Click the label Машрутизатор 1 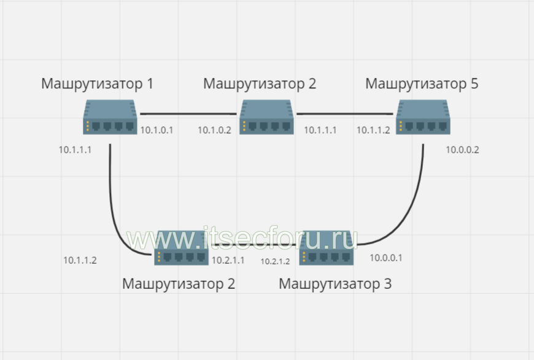(x=97, y=84)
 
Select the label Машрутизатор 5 (x=422, y=84)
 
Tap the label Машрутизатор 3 (x=335, y=284)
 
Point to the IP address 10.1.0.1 (x=157, y=130)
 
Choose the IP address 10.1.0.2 (x=215, y=130)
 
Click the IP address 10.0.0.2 (x=462, y=150)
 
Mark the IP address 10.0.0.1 (x=386, y=258)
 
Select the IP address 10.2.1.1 (x=228, y=260)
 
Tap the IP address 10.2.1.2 (x=275, y=261)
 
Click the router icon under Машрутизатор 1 (x=110, y=117)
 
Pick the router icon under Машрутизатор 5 (x=423, y=117)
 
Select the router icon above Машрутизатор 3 (x=327, y=248)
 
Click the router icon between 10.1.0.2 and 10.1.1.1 (x=266, y=117)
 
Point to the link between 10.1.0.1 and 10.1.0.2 (x=188, y=114)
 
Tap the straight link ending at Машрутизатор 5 (x=345, y=114)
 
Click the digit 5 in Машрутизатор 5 (x=474, y=83)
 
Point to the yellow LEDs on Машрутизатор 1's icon (x=88, y=126)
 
